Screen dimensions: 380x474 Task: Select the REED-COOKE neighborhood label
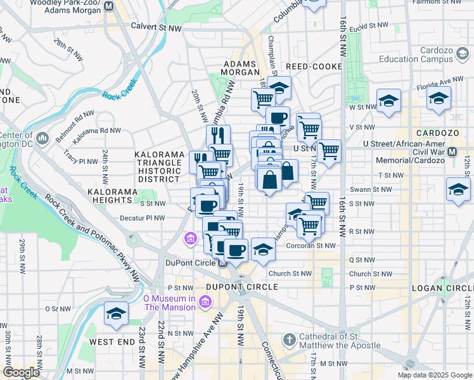click(314, 66)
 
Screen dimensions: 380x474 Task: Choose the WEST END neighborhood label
click(112, 342)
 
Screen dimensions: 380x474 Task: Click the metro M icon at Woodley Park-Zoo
click(109, 6)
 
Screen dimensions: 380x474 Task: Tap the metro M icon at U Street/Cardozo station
click(452, 152)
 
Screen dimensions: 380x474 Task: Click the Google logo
click(21, 372)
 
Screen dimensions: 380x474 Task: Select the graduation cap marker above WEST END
click(115, 314)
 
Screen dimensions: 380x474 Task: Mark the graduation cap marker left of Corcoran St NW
click(263, 249)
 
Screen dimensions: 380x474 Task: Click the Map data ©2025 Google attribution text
click(434, 375)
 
